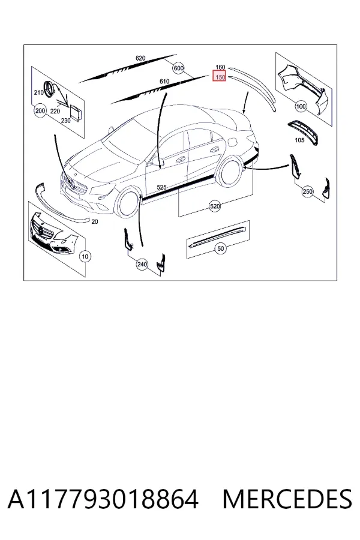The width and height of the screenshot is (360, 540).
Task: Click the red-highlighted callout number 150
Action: point(219,77)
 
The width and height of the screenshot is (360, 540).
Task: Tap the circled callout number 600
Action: point(178,68)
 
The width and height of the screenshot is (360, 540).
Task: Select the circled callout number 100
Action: point(301,106)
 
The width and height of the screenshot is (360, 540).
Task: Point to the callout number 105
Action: point(299,140)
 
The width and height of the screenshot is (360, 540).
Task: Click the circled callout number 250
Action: point(307,191)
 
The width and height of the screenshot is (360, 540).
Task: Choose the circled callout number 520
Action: point(214,206)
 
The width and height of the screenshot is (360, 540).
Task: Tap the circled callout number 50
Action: point(220,248)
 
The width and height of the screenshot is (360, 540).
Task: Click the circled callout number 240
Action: point(142,265)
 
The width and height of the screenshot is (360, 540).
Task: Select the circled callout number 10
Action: point(85,256)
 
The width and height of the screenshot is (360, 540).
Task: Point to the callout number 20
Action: point(95,221)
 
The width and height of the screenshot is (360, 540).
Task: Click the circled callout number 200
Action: point(40,110)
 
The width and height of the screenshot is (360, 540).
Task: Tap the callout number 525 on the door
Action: point(161,187)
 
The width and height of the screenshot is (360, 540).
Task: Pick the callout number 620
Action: point(140,58)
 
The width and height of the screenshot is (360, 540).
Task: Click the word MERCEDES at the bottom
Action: point(287,499)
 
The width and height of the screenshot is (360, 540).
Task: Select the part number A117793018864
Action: point(103,499)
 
